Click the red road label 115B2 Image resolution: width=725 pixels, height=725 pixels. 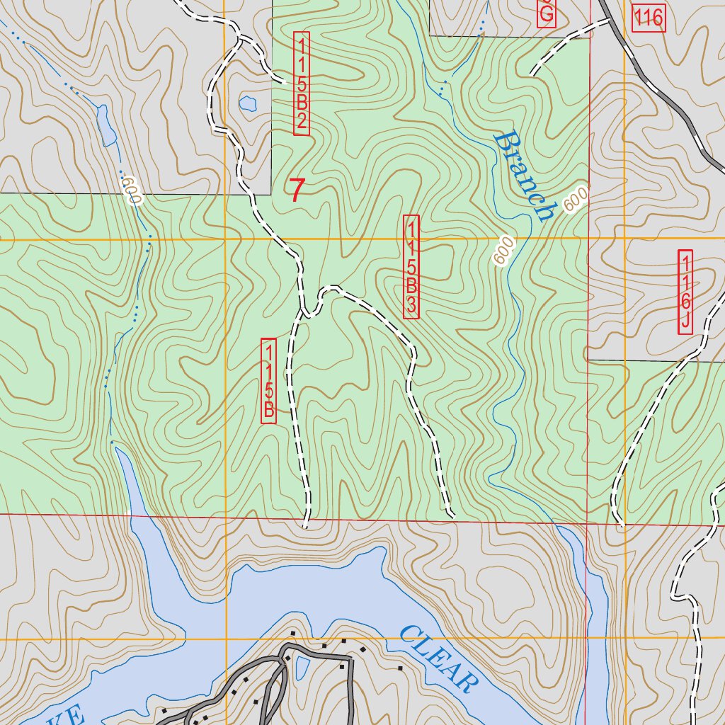(x=301, y=84)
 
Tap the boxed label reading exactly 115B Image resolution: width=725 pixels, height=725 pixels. (x=269, y=382)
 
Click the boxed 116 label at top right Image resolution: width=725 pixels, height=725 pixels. (x=649, y=18)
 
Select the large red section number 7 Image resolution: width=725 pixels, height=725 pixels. (x=297, y=190)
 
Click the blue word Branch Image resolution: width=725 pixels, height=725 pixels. (x=524, y=176)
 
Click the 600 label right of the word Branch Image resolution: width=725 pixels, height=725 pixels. (x=577, y=199)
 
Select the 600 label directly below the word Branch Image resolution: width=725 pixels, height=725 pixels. (x=503, y=251)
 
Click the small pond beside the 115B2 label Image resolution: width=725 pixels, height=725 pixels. (x=247, y=103)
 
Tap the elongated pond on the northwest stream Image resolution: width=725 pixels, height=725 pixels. (x=106, y=126)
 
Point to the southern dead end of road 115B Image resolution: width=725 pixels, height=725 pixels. (x=305, y=526)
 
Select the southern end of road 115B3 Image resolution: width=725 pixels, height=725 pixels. (x=450, y=513)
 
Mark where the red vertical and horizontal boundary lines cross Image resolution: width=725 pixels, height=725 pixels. (x=587, y=523)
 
